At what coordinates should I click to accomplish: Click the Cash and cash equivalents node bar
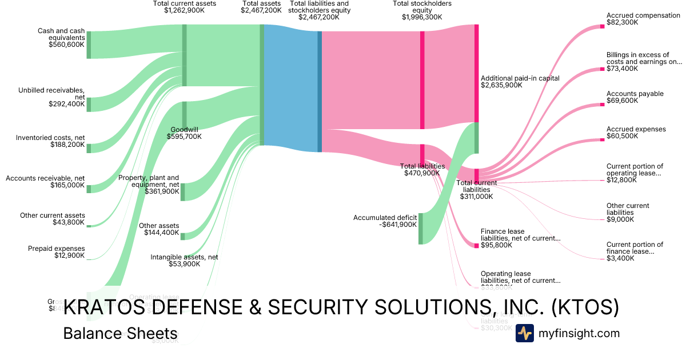pos(89,45)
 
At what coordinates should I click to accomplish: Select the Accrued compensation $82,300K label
pos(643,19)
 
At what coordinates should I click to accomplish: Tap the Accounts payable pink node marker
pos(602,104)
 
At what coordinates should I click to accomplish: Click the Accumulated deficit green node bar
pos(420,229)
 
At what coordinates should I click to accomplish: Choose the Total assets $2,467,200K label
pos(261,7)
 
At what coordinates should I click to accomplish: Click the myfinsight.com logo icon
pos(525,333)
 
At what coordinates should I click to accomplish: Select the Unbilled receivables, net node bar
pos(89,105)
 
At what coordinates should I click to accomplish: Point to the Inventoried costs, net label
pos(50,142)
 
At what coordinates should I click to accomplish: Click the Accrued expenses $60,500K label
pos(636,133)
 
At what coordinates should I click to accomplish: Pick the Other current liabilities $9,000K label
pos(628,213)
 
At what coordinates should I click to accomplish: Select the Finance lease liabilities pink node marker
pos(476,245)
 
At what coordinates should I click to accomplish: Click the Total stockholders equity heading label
pos(422,10)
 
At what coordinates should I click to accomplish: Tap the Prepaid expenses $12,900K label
pos(56,252)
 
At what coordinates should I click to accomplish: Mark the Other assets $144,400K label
pos(159,229)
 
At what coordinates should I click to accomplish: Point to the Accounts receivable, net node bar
pos(89,189)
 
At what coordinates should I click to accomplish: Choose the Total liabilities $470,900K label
pos(422,170)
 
